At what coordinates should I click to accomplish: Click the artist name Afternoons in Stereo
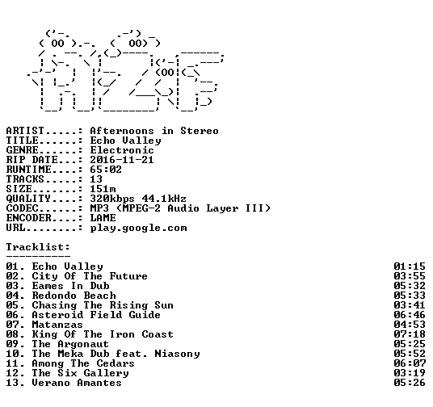154,131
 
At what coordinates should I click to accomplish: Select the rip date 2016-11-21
122,160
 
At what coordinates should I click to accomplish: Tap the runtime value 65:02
106,170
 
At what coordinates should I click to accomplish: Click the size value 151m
103,189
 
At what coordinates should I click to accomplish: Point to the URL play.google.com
138,228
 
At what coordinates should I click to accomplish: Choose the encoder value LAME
103,218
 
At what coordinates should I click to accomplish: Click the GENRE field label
23,150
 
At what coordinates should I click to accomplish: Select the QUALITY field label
28,199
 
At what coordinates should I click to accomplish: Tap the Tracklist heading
38,247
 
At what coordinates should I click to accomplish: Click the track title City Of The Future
90,276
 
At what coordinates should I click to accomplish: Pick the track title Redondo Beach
74,296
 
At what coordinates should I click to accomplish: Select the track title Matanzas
57,325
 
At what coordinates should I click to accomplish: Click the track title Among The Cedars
83,363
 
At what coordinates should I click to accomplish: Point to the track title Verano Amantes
77,383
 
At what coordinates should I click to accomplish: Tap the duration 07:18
410,334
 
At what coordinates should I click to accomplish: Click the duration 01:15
410,266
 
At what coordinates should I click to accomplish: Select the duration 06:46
410,315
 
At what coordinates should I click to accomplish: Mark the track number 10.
12,354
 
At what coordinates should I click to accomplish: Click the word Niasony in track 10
177,354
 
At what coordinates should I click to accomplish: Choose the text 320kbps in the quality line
112,199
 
